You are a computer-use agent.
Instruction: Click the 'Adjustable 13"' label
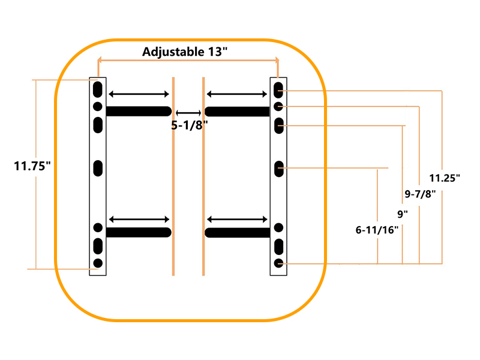185,52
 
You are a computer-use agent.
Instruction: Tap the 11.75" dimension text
32,166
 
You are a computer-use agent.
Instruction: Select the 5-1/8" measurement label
190,125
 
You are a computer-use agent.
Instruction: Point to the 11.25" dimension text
445,178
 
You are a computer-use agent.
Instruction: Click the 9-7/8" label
420,194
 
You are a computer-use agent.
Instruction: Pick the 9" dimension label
403,214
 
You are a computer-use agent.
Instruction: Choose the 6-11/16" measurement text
377,230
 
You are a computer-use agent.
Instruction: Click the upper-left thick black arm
139,111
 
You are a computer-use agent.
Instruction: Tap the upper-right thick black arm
237,112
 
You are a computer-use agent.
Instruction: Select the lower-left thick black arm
139,232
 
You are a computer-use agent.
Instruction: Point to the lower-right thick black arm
237,233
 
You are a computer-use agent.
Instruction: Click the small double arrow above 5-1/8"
188,113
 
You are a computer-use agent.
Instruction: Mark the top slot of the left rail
98,89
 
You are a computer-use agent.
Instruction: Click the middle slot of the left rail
98,168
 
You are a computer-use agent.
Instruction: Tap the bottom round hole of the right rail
278,263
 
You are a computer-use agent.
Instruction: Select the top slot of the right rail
278,91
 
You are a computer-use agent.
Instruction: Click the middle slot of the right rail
279,169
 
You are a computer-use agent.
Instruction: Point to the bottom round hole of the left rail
98,263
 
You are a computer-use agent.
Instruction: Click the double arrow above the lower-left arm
139,219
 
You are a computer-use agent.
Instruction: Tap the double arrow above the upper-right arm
237,94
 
